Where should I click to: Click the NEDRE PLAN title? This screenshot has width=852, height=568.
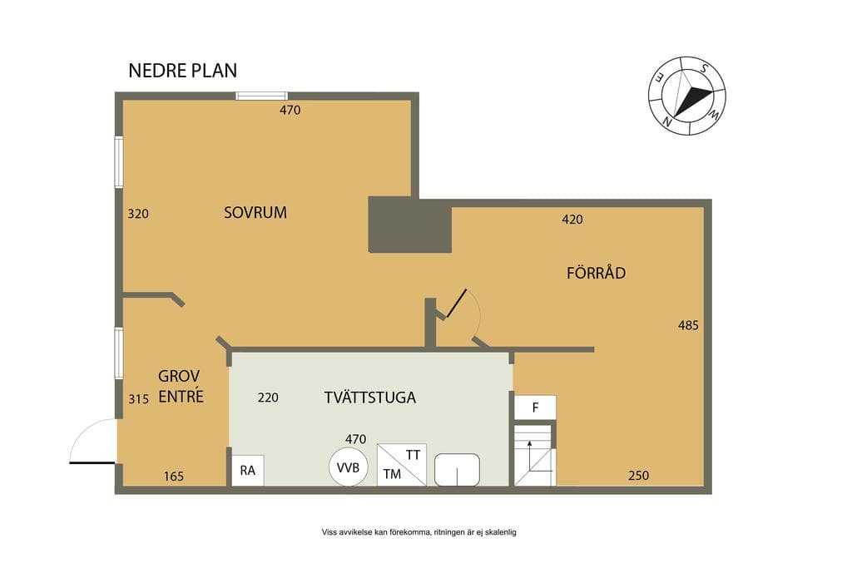pos(182,71)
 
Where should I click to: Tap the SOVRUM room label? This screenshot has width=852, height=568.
pos(255,212)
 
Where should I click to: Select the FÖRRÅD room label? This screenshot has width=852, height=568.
pos(596,272)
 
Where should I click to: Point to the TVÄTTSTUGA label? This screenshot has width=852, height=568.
pos(370,397)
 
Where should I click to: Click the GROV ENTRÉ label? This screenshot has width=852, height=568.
pos(181,386)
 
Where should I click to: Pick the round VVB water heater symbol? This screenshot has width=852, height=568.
pos(348,467)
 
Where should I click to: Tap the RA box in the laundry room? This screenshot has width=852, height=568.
pos(248,470)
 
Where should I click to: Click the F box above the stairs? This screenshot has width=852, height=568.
pos(535,407)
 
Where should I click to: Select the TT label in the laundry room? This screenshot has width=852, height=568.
pos(413,455)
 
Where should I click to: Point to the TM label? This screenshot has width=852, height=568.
pos(392,474)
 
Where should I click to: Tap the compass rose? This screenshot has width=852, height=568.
pos(686,96)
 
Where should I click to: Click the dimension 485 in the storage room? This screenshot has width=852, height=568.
pos(688,325)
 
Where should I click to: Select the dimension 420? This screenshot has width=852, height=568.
pos(572,220)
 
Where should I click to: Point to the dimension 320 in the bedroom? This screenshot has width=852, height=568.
pos(138,214)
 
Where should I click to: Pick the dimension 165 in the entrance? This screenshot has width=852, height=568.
pos(174,477)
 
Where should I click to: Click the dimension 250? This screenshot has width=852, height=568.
pos(638,476)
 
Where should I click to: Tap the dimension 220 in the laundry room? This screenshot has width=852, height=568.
pos(268,398)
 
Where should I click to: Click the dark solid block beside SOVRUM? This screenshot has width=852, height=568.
pos(410,225)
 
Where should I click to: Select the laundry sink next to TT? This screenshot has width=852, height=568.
pos(457,470)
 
